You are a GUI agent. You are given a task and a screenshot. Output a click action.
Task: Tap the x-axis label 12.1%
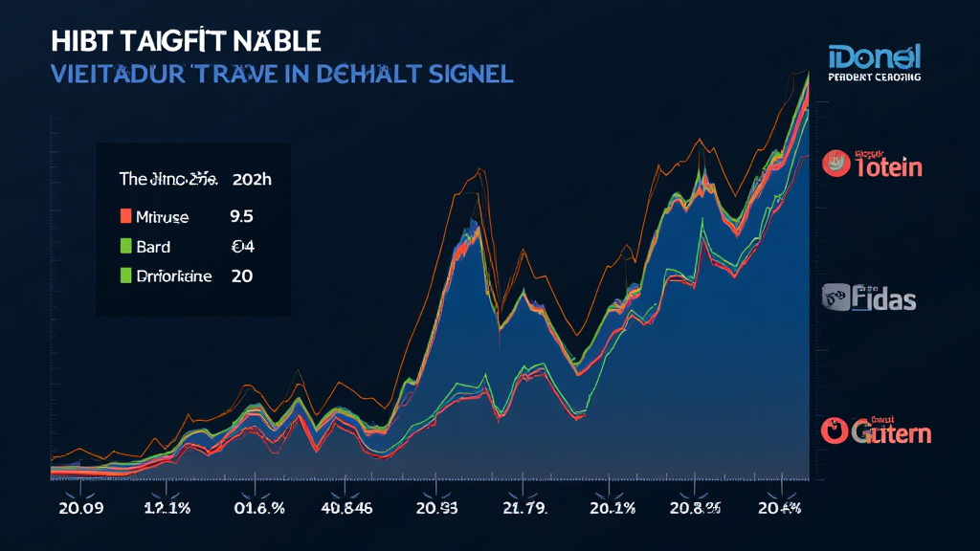click(167, 508)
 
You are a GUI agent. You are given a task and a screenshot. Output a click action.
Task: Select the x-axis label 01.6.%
click(259, 508)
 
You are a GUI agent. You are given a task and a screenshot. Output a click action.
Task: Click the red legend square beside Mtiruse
click(124, 216)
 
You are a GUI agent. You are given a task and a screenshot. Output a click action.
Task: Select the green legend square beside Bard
click(124, 246)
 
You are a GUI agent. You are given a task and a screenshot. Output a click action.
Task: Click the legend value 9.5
click(242, 217)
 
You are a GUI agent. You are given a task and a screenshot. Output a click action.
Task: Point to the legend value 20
click(241, 276)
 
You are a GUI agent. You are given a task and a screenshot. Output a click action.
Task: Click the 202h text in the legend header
click(254, 179)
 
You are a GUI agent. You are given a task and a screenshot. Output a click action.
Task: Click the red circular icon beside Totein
click(836, 164)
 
